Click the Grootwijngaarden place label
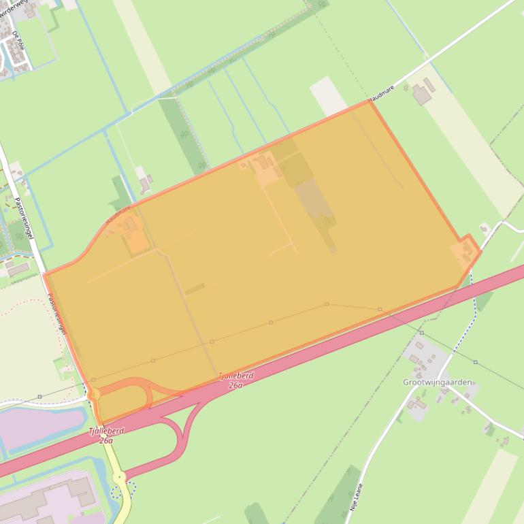tap(437, 382)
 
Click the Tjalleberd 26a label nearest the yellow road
tap(106, 436)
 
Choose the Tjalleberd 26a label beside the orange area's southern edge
tap(235, 380)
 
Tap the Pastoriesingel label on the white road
tap(26, 218)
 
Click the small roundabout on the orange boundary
tap(94, 394)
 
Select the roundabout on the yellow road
tap(120, 478)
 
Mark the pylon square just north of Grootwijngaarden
tap(421, 333)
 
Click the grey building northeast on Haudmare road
tap(423, 93)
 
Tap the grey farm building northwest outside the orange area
tap(145, 182)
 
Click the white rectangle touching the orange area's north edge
tap(329, 96)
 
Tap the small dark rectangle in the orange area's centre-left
tap(195, 289)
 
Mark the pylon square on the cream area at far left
tap(39, 396)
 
